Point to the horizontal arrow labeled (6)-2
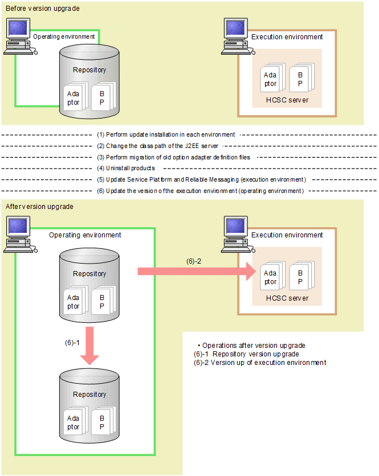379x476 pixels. pyautogui.click(x=194, y=271)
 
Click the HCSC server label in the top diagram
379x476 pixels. pyautogui.click(x=287, y=100)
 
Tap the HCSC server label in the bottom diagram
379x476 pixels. pyautogui.click(x=287, y=298)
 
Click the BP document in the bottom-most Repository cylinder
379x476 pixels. pyautogui.click(x=102, y=422)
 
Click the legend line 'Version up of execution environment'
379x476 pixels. pyautogui.click(x=260, y=363)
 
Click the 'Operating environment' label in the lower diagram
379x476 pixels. pyautogui.click(x=85, y=235)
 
